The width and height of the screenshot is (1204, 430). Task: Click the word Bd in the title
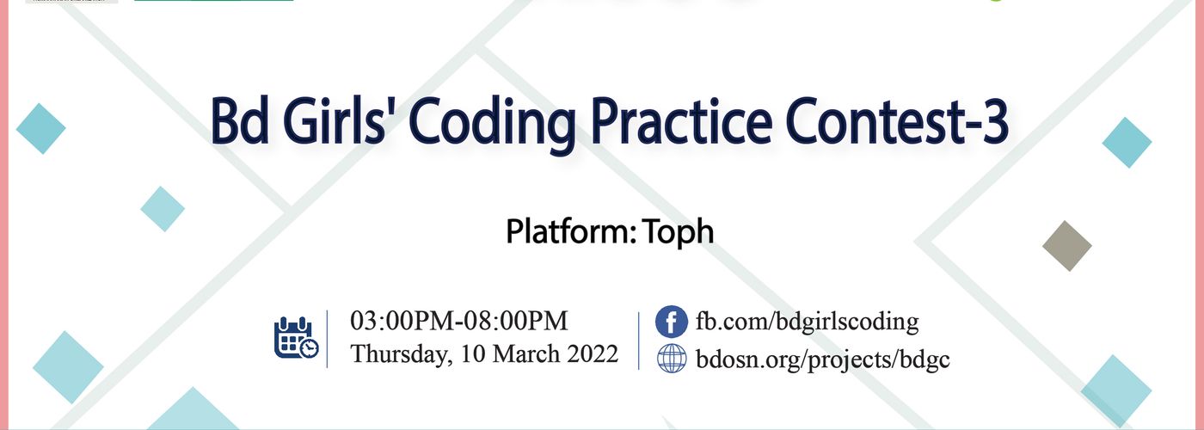point(239,121)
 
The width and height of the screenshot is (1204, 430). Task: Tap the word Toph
point(679,231)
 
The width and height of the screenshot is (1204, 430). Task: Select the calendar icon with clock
point(296,337)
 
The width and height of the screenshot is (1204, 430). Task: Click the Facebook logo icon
point(672,322)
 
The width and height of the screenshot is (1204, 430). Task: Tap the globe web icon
point(672,359)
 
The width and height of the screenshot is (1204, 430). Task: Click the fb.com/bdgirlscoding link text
point(807,322)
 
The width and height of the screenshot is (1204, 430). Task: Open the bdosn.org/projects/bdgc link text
point(822,359)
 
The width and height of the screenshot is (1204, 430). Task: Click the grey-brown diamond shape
point(1067,246)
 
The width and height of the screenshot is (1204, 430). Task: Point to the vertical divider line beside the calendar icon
point(328,339)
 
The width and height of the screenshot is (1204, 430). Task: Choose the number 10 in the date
point(473,354)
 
